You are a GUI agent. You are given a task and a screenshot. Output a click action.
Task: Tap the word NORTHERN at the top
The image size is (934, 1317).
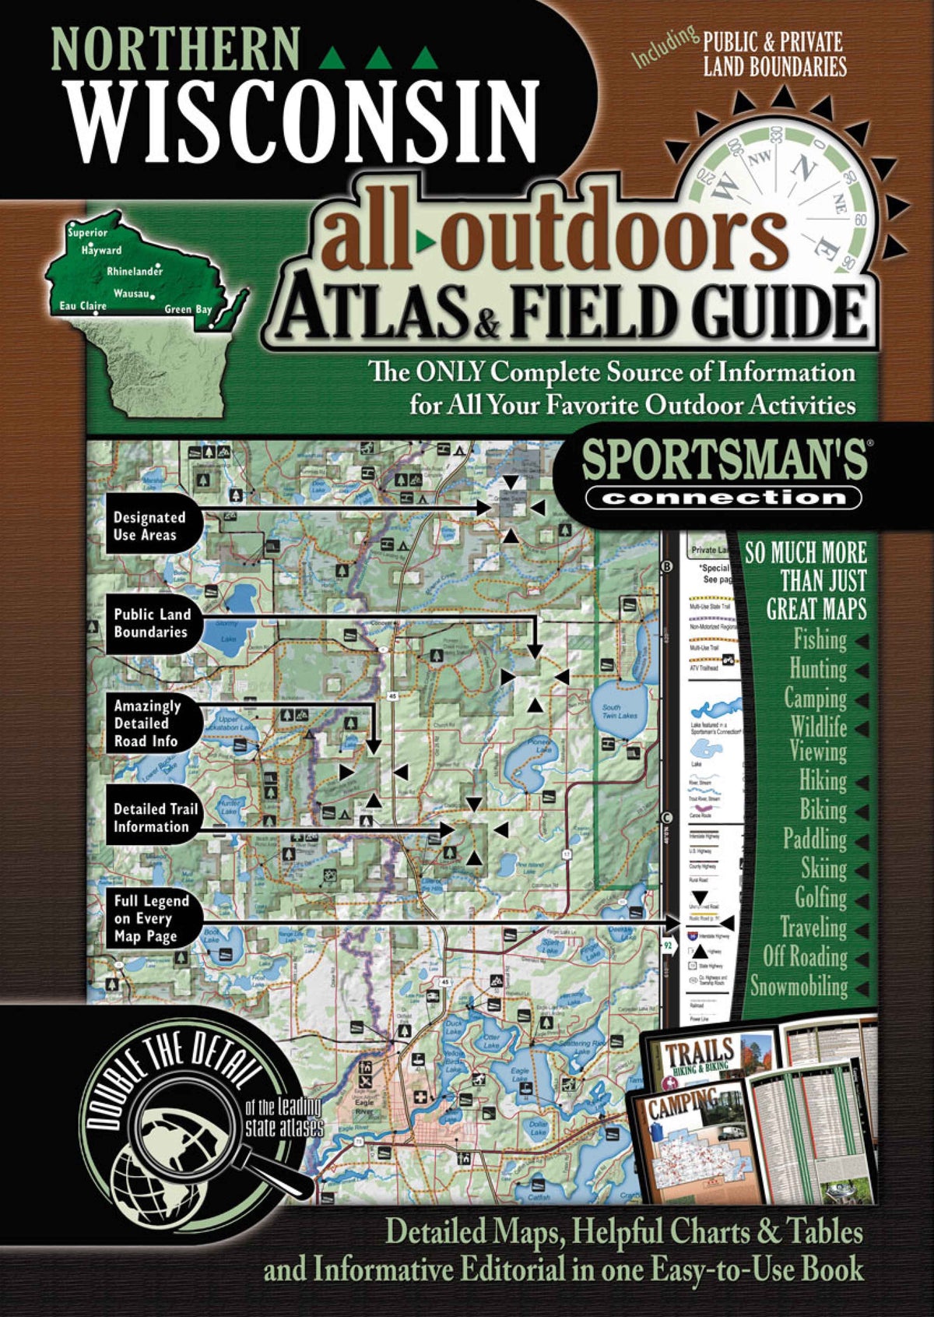174,51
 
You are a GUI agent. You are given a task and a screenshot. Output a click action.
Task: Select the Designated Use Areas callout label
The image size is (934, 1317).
149,526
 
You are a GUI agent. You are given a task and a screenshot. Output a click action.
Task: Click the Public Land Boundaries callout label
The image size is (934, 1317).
152,623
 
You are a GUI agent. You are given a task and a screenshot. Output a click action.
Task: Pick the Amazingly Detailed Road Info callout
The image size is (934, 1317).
147,724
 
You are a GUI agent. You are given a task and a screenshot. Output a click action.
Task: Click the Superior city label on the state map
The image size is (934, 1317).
87,233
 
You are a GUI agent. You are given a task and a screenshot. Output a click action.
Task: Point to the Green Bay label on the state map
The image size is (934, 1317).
188,309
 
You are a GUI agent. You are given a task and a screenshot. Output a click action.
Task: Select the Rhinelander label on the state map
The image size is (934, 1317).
135,272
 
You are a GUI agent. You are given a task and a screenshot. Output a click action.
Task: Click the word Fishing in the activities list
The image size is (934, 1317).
820,640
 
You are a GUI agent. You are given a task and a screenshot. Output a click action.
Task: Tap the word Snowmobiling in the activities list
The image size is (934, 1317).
799,986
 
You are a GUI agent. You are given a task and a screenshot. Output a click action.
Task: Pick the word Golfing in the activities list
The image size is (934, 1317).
820,898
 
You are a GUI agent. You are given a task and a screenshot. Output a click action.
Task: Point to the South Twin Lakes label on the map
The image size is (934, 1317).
620,711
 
